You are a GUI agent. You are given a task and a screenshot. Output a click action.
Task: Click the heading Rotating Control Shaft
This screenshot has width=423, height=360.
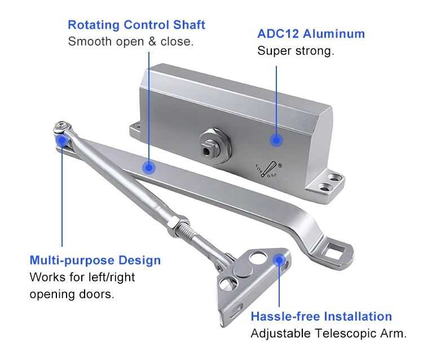point(136,25)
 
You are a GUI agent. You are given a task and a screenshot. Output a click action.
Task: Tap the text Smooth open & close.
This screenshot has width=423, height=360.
point(130,42)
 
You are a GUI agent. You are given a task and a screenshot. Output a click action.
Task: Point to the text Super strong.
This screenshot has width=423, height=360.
point(296,51)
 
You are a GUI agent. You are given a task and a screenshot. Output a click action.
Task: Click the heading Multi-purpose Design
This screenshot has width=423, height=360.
point(95,261)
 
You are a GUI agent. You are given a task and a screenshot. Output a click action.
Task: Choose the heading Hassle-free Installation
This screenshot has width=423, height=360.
point(321,317)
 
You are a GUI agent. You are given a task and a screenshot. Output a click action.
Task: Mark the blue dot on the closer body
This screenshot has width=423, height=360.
point(276,140)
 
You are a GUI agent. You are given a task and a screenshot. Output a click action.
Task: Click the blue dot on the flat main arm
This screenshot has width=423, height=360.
point(148,167)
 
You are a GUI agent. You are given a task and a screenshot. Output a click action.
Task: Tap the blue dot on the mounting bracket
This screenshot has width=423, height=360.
point(279,259)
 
